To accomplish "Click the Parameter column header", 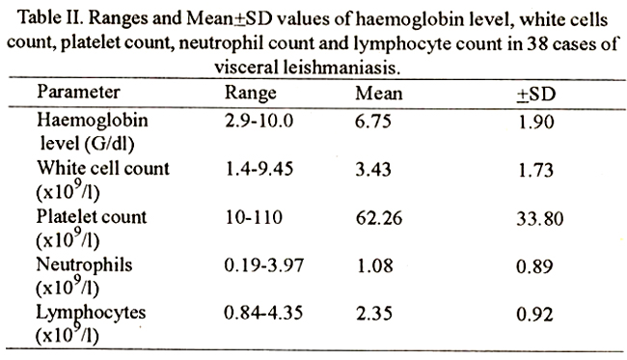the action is (78, 92).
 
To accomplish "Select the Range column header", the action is (251, 94).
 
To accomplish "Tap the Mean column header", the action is (379, 94).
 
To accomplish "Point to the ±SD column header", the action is (536, 95).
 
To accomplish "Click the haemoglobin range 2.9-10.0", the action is (259, 121).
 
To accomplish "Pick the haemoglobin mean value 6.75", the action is (373, 122).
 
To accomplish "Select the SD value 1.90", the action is (536, 122).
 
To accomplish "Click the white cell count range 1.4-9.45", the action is (259, 169).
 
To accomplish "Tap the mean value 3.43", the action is (373, 169).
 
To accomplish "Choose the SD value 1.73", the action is (536, 170).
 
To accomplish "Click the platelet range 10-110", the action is (254, 217).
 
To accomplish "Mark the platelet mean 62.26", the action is (379, 218).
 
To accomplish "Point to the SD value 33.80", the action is (540, 219).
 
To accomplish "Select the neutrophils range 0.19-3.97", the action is (264, 265).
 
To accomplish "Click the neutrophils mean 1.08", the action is (374, 265).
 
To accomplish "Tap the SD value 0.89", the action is (534, 266).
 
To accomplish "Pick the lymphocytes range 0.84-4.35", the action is (263, 313).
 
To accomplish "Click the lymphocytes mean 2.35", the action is (374, 314).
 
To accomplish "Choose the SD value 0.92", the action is (534, 315).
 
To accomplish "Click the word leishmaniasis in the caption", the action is (341, 68).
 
